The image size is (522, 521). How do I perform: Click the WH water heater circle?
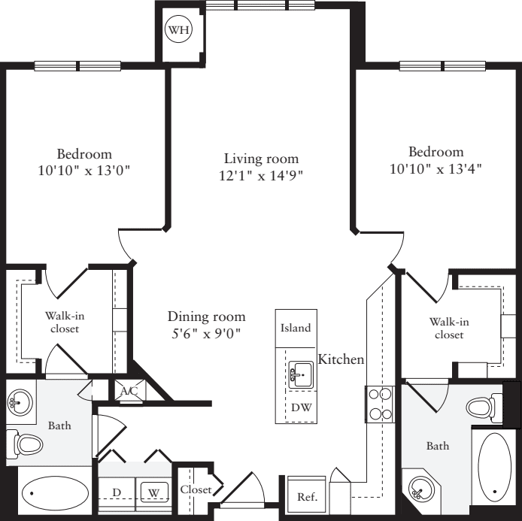click(178, 31)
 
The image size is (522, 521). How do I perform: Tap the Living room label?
click(261, 159)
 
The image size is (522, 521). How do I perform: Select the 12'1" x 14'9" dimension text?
click(261, 176)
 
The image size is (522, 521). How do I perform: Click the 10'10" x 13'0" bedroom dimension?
click(84, 170)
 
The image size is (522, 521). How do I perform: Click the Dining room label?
click(206, 317)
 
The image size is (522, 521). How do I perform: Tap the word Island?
click(296, 329)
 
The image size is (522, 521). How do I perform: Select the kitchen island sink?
click(300, 373)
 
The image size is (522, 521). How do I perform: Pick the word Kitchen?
click(341, 360)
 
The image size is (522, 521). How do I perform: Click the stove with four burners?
click(380, 403)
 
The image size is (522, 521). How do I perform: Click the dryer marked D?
click(117, 492)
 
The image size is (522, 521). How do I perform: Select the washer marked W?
click(153, 493)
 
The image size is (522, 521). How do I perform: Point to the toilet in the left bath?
click(29, 444)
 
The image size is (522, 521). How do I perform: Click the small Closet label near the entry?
click(195, 489)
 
